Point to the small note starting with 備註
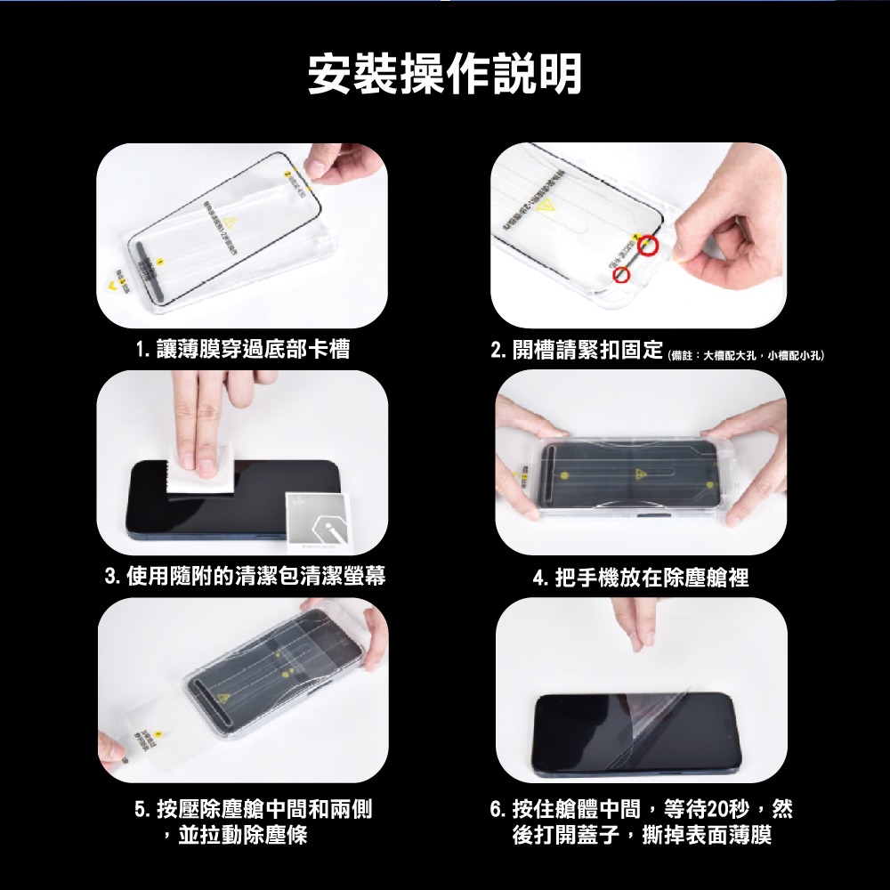click(x=746, y=355)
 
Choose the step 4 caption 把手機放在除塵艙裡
click(x=640, y=578)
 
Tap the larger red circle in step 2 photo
click(x=649, y=247)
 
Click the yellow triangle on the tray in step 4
click(x=640, y=473)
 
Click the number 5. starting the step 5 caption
click(x=143, y=810)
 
